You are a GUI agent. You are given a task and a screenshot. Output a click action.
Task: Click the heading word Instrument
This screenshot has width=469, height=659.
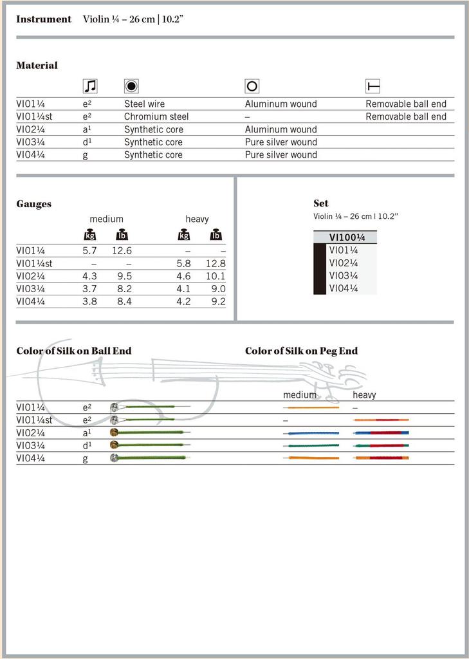[x=44, y=19]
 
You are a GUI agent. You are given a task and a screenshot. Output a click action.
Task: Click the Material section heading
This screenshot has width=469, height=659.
[x=37, y=65]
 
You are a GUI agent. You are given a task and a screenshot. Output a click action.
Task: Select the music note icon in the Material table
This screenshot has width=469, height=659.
[x=90, y=86]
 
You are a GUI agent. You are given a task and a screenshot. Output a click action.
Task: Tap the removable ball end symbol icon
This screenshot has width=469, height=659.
[x=372, y=86]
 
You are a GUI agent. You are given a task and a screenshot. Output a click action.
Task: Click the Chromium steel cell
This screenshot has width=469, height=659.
[x=156, y=116]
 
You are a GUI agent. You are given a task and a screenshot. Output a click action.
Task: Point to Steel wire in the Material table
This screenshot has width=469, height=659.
[x=144, y=104]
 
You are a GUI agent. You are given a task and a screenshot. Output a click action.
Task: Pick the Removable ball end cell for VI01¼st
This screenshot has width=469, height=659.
[x=406, y=116]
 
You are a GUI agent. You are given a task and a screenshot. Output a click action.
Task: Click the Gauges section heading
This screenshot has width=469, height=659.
[x=33, y=204]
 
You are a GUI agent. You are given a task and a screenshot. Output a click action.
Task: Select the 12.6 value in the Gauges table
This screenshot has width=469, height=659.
[x=121, y=250]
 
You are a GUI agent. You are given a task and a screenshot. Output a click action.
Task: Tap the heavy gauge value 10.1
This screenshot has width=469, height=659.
[x=215, y=276]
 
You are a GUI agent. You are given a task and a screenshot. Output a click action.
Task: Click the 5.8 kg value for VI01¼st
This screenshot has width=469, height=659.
[x=183, y=263]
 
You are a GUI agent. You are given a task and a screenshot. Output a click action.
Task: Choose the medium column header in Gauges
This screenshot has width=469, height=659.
[x=106, y=219]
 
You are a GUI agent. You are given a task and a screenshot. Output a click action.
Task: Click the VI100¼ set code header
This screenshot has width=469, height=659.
[x=347, y=237]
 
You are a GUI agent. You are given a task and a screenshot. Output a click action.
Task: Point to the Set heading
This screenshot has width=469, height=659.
[x=320, y=203]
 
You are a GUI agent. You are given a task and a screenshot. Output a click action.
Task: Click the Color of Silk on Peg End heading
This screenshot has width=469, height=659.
[x=301, y=351]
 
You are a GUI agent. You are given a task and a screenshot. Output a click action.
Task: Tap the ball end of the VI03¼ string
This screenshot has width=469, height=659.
[x=115, y=445]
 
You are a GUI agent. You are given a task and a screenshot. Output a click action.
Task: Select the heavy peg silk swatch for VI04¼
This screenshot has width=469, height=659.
[x=381, y=458]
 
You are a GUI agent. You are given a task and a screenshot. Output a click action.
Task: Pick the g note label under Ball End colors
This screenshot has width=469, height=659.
[x=85, y=458]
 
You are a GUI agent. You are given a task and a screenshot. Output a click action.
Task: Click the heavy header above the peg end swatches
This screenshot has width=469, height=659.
[x=364, y=394]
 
